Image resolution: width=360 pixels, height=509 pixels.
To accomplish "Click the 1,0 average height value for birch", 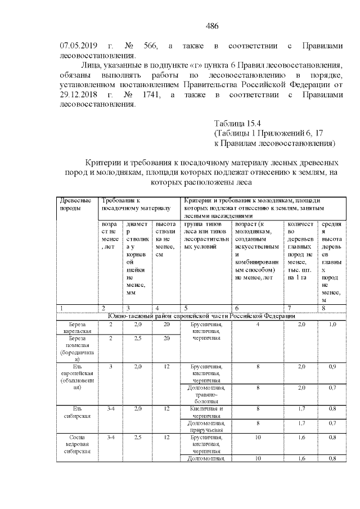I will [x=332, y=325].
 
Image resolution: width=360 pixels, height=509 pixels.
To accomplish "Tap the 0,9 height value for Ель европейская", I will [x=332, y=367].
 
